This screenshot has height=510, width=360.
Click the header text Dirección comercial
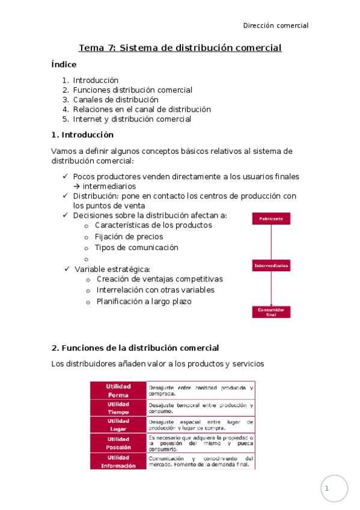click(275, 25)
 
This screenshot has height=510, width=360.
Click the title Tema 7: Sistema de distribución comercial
click(180, 48)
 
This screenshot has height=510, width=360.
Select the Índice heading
click(64, 64)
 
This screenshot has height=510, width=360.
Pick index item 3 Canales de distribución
click(115, 99)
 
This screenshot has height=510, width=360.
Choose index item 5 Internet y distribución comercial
click(132, 119)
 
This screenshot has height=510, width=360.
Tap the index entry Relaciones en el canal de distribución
click(142, 109)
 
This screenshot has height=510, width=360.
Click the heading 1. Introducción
click(82, 135)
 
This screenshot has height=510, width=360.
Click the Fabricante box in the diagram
click(271, 219)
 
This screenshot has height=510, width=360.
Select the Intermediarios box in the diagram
click(271, 265)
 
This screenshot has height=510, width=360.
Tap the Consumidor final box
click(271, 312)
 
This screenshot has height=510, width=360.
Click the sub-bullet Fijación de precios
click(129, 236)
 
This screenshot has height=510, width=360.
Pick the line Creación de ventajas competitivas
click(159, 279)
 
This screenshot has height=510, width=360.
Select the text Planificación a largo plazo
click(144, 301)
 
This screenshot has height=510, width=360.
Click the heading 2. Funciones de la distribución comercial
click(135, 348)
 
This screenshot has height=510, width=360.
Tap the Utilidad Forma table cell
click(118, 390)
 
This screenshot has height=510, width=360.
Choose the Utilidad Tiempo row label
click(118, 408)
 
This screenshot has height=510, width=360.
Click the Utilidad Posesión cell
click(118, 443)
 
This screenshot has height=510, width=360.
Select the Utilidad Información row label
click(118, 461)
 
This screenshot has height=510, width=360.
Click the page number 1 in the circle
click(327, 489)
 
